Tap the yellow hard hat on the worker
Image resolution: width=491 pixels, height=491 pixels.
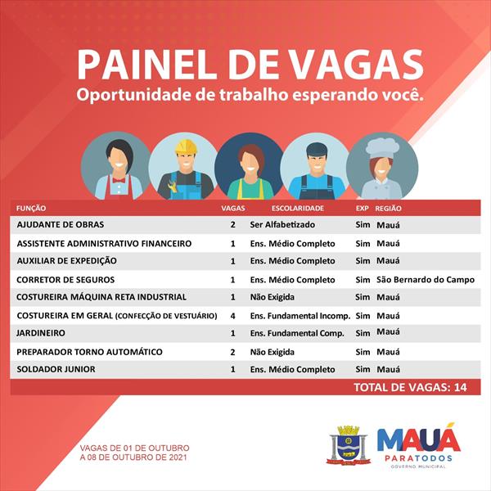186,146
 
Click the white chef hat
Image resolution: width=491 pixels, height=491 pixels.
382,148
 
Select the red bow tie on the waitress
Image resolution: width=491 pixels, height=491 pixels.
119,180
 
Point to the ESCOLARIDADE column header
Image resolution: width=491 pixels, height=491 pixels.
298,208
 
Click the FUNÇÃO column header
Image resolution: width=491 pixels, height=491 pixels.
31,208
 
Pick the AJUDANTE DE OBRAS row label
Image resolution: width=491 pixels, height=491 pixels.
61,224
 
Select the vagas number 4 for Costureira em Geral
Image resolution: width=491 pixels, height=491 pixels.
232,316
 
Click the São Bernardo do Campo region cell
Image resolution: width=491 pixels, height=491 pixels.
426,280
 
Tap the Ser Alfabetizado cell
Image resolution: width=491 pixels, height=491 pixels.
282,224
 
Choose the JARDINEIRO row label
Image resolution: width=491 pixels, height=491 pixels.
41,333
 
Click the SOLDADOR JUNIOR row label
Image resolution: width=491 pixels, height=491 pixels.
56,369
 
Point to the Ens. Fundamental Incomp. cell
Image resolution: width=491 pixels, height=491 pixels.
300,316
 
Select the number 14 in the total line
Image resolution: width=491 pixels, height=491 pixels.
460,387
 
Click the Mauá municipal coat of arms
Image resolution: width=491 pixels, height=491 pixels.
349,445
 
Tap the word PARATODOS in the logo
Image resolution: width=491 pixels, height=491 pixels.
418,458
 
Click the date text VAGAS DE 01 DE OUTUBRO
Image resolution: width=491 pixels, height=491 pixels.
134,448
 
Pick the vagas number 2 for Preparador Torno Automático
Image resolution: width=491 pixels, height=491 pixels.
232,352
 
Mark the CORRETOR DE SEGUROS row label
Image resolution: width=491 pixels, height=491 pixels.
65,280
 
